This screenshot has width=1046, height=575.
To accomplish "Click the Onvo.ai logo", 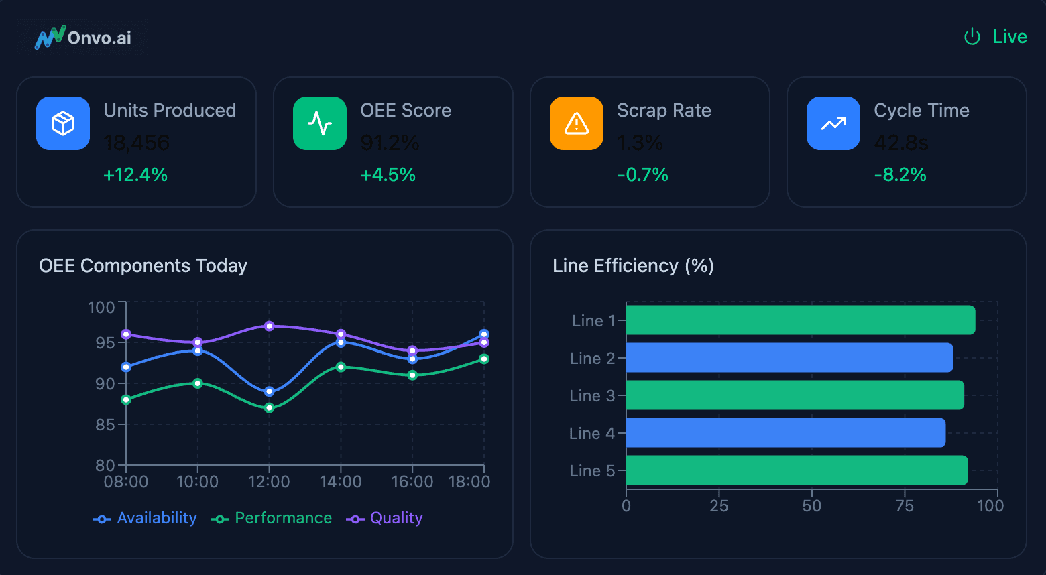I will tap(83, 38).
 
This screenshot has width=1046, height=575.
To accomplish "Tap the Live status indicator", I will tap(995, 37).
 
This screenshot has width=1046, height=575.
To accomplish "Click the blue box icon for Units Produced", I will tap(63, 123).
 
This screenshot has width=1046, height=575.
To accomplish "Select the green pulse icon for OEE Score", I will tap(320, 123).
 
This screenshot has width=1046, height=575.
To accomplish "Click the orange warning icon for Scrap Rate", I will tap(577, 123).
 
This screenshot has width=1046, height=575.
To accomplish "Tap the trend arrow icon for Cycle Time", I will tap(833, 123).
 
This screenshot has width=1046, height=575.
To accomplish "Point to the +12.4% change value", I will tap(135, 175).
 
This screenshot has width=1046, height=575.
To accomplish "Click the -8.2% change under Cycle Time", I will tap(900, 175).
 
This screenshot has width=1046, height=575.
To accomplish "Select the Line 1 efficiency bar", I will tap(800, 320).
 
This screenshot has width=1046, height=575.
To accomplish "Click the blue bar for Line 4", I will tap(785, 433).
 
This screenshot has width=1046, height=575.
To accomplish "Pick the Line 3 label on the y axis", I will tap(592, 396).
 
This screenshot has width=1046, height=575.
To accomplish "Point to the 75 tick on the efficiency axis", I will tap(905, 506).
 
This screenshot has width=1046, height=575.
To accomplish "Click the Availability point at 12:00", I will tap(270, 391).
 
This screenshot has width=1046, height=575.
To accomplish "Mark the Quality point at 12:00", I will tap(270, 326).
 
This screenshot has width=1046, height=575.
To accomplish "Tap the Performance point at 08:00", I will tap(126, 399).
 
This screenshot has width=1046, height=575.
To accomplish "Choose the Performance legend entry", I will tap(272, 519).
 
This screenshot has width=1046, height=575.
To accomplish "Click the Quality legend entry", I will tap(385, 519).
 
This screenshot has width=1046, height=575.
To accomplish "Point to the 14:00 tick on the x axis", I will tap(341, 482).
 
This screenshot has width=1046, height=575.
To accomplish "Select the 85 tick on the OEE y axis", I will tap(105, 424).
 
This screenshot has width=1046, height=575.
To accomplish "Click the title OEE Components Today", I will tap(143, 266).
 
